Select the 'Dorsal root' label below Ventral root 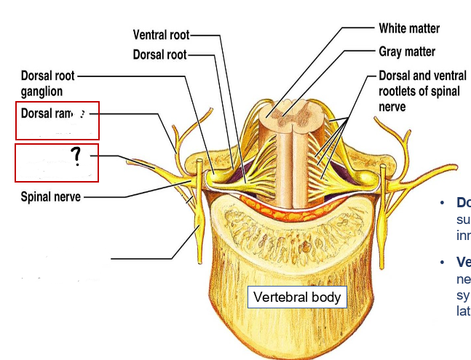pos(159,55)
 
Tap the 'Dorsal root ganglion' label pos(48,84)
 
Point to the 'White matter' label pos(409,29)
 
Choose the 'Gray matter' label pos(407,52)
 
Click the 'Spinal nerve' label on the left pos(50,197)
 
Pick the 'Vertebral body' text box pos(296,297)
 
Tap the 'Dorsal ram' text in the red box pos(46,113)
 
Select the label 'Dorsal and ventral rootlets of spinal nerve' pos(422,91)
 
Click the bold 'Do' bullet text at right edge pos(463,203)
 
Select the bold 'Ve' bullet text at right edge pos(463,263)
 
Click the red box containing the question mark pos(57,163)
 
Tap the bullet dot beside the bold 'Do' pos(441,203)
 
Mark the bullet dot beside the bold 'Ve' pos(441,263)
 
